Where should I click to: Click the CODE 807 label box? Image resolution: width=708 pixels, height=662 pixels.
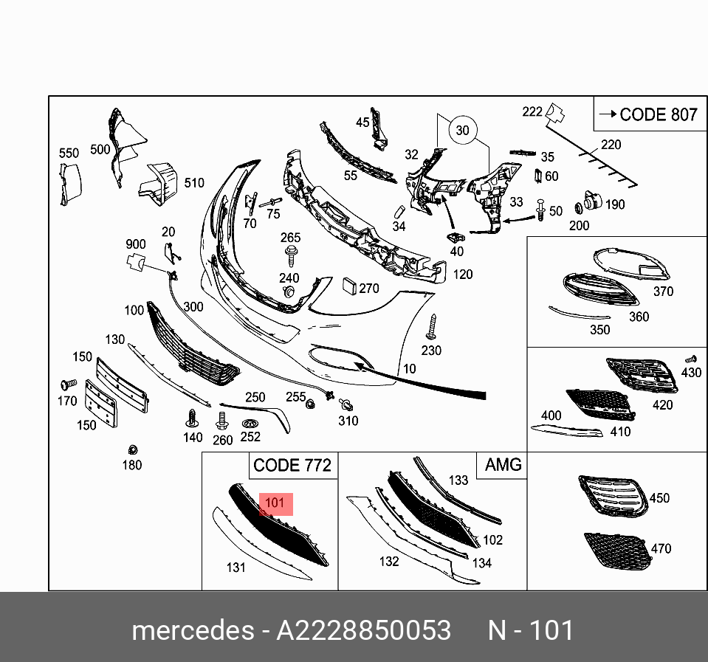click(x=647, y=114)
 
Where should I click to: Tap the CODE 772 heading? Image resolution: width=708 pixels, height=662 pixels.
click(x=292, y=466)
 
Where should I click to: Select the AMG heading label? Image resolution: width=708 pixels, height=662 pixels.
click(x=503, y=465)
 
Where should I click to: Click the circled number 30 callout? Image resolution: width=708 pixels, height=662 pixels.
click(x=462, y=130)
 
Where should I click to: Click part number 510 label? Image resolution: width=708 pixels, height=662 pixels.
click(x=194, y=183)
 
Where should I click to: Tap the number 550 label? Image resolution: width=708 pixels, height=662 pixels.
click(x=69, y=154)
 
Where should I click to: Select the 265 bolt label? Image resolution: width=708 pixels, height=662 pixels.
click(x=291, y=238)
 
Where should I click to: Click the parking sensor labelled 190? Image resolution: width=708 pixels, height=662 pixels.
click(x=591, y=201)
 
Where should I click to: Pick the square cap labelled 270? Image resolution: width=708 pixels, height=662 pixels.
click(x=348, y=286)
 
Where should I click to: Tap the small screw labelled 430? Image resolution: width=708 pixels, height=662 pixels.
click(x=692, y=359)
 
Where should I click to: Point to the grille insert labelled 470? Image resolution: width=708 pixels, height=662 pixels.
click(x=616, y=551)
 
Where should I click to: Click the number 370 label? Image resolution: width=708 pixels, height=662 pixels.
click(x=663, y=292)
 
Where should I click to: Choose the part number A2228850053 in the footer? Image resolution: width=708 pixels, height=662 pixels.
click(x=363, y=631)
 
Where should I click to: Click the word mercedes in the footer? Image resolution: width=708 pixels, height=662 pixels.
click(x=191, y=631)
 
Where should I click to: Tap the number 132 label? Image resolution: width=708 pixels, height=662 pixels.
click(x=388, y=562)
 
